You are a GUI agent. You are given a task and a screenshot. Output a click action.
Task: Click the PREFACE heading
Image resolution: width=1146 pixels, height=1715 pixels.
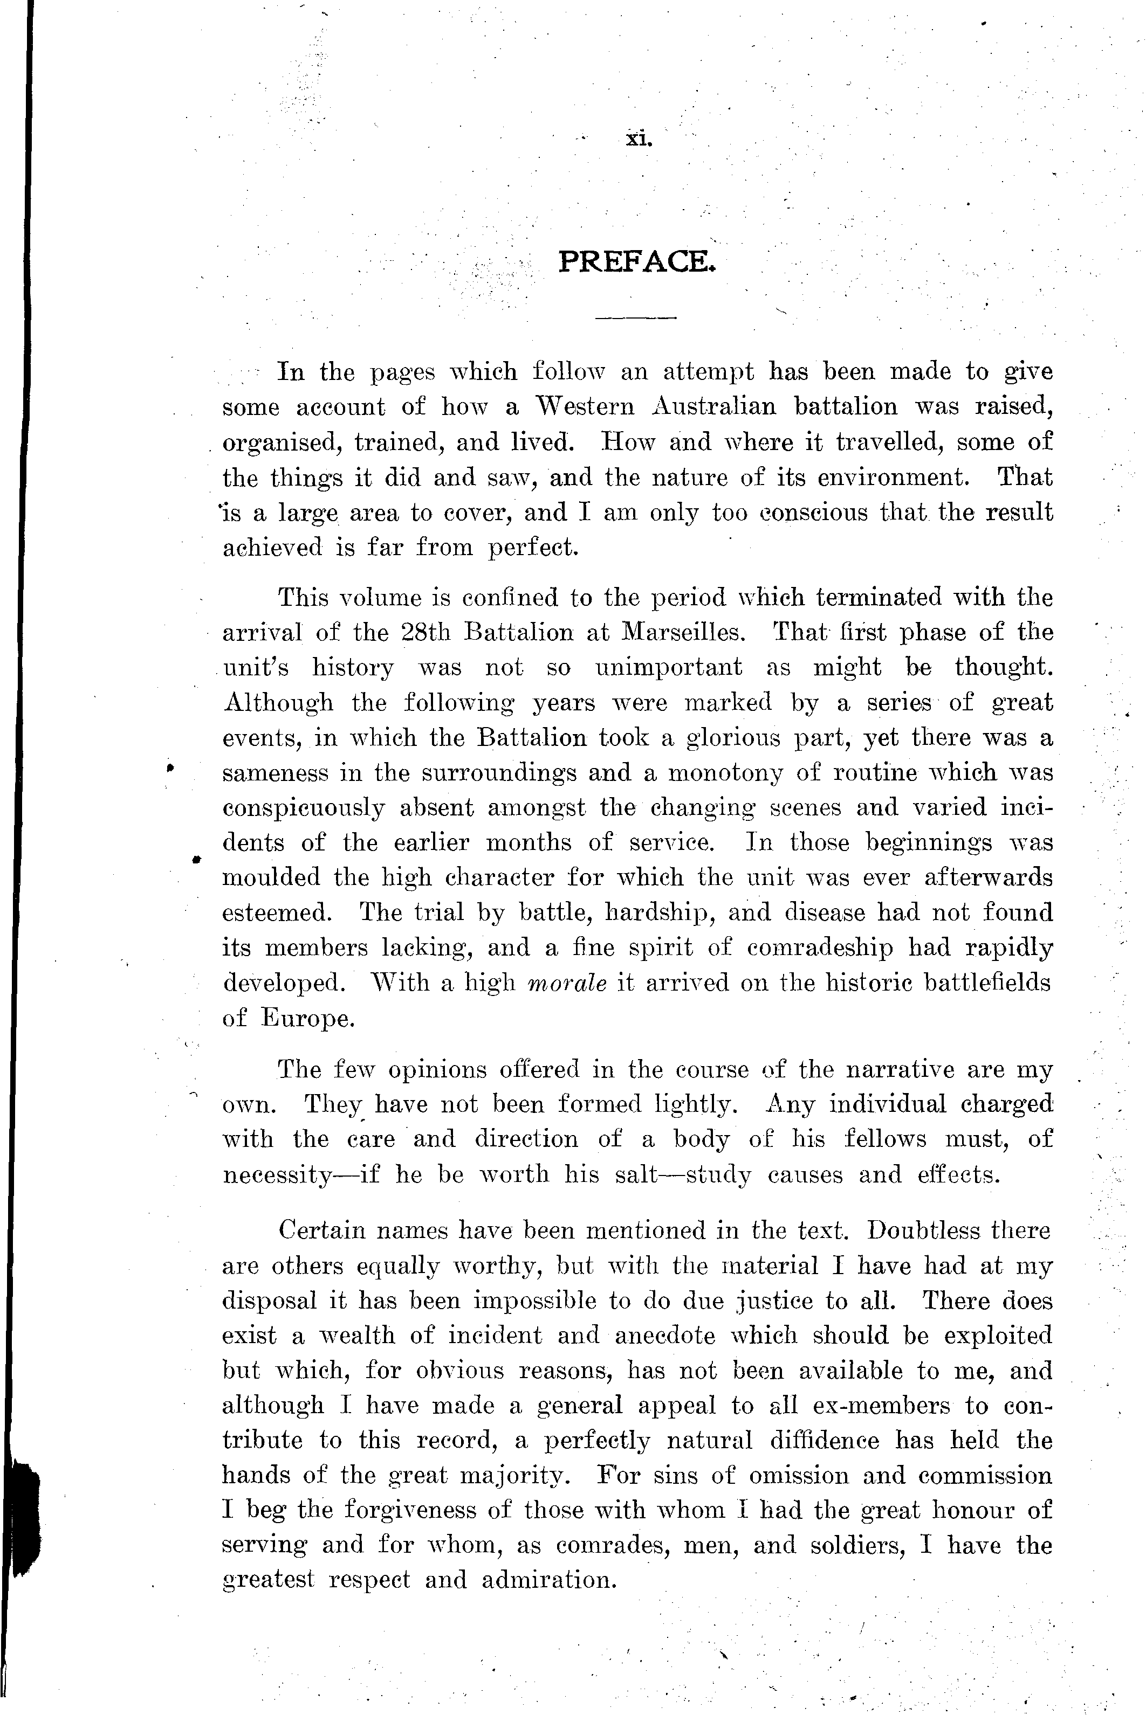[x=636, y=261]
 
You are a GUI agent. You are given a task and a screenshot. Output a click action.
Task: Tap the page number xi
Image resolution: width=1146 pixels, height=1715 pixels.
[x=638, y=138]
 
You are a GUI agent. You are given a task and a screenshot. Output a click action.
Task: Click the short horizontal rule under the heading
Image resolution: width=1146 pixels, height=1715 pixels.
[x=636, y=318]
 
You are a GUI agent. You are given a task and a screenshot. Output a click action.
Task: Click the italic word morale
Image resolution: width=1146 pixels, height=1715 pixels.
[x=567, y=983]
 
